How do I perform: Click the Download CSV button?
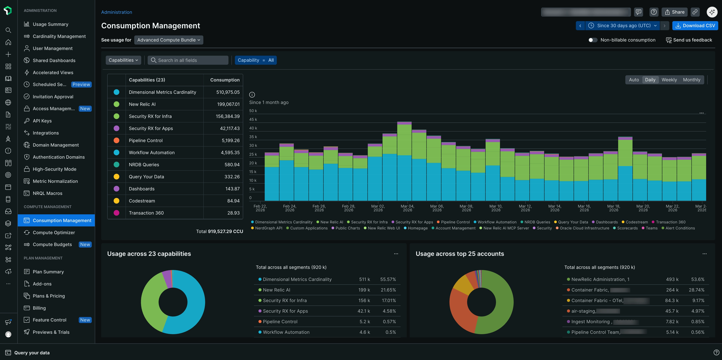point(695,25)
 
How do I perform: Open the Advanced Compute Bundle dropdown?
point(168,40)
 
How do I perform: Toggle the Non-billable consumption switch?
point(592,40)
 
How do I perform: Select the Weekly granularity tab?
point(669,80)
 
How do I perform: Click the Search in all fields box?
point(188,60)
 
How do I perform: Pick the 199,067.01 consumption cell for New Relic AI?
point(228,104)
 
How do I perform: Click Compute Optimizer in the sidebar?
point(54,232)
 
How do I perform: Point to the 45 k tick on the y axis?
point(253,119)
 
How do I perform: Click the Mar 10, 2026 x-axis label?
point(496,208)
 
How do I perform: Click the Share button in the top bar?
point(674,12)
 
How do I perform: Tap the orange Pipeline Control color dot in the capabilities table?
point(116,140)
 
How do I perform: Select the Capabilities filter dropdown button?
point(123,60)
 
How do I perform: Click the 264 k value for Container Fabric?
point(672,290)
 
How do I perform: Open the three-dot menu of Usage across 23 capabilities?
point(396,254)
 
